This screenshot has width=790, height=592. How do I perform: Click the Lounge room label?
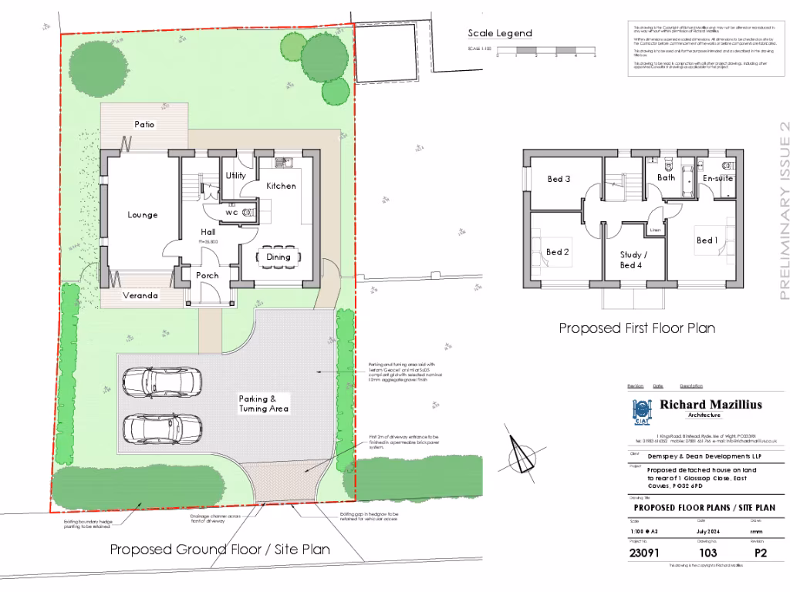(x=143, y=215)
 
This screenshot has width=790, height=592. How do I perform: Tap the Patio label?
(x=144, y=124)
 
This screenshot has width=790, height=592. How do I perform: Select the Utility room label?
(x=235, y=176)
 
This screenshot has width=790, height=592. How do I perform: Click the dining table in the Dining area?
(x=279, y=257)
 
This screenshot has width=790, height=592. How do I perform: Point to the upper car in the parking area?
(x=162, y=379)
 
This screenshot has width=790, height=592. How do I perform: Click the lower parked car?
(x=162, y=426)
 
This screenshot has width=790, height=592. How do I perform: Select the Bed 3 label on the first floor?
(x=559, y=179)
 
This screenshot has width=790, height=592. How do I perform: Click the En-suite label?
(x=717, y=179)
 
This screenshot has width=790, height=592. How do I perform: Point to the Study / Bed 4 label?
(x=633, y=260)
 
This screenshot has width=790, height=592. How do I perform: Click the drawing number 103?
(x=707, y=553)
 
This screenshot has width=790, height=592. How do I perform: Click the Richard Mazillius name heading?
(x=711, y=404)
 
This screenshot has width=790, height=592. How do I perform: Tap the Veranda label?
(x=140, y=295)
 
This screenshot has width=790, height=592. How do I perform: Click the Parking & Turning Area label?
(x=263, y=403)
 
